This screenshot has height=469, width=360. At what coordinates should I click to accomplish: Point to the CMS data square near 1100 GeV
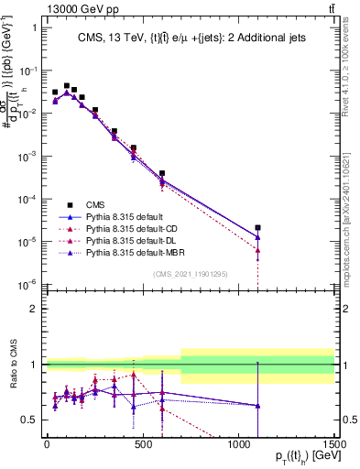point(258,228)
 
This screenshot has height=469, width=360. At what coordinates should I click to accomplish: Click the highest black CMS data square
point(66,86)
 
